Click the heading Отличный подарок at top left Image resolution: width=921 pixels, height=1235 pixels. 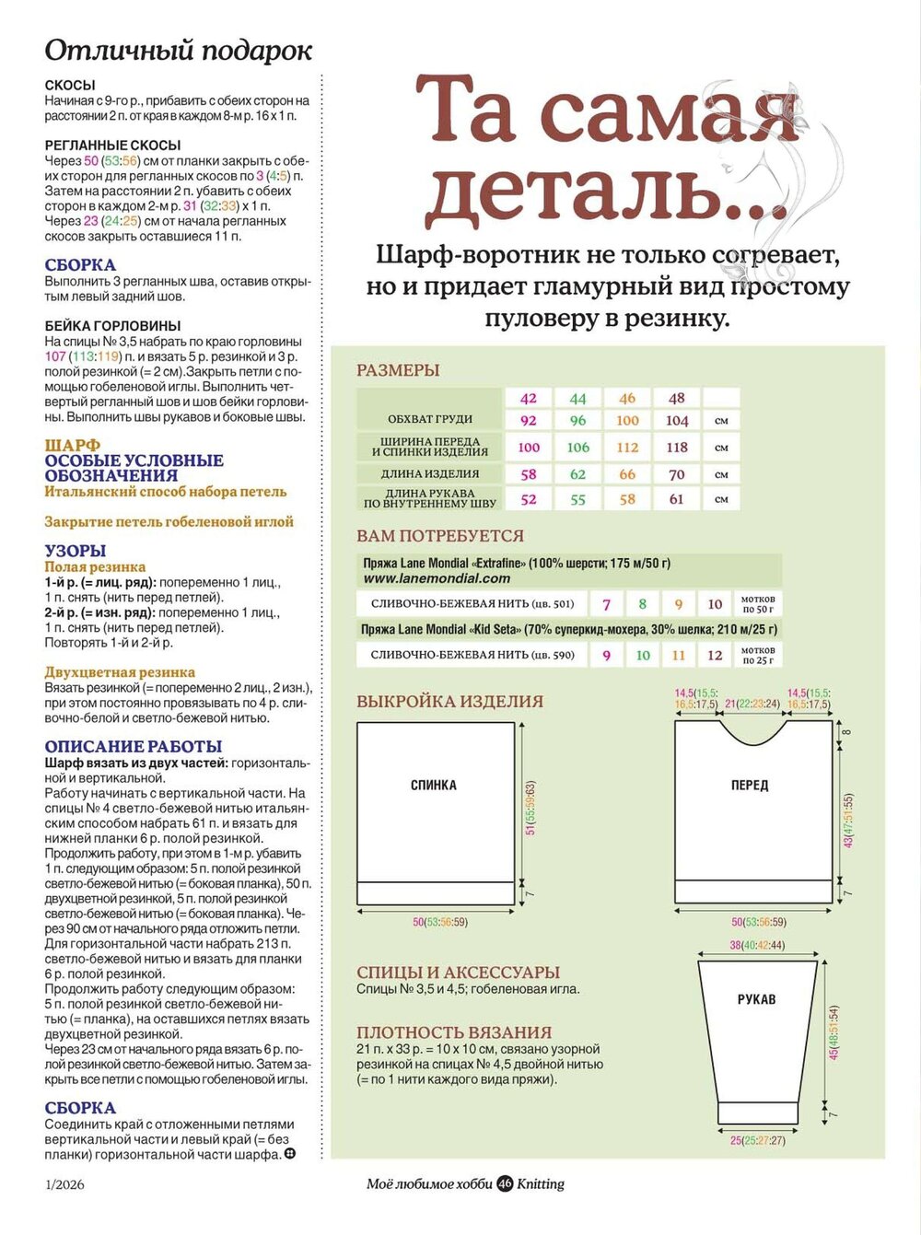pos(179,51)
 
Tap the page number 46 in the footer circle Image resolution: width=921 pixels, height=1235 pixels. pos(505,1183)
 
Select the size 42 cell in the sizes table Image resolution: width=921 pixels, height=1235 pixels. pos(529,398)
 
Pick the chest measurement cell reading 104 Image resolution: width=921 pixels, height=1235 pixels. pos(677,420)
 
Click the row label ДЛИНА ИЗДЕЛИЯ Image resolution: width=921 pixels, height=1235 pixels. pos(430,473)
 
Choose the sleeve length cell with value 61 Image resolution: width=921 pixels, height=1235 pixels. pos(677,499)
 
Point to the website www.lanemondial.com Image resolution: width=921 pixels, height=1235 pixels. pos(437,578)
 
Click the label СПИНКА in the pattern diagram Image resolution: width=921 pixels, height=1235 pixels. pos(434,786)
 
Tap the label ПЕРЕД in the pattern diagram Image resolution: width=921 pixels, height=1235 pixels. pos(750,786)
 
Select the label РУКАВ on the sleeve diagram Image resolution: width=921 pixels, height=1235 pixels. pos(757,999)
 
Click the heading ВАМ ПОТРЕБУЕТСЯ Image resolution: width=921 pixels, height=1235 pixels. pos(440,536)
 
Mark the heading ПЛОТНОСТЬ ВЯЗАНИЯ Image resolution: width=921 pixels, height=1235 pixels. pos(454,1032)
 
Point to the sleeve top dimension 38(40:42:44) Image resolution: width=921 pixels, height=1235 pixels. pos(757,945)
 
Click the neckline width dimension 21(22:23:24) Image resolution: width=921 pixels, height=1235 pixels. pos(752,704)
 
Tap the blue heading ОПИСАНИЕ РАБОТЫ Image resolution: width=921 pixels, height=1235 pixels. pos(134,746)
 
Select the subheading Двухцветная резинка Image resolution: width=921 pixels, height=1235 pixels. pos(120,672)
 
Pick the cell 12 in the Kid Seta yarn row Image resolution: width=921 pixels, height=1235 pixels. pos(715,655)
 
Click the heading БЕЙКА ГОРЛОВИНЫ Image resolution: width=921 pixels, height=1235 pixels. pos(112,325)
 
